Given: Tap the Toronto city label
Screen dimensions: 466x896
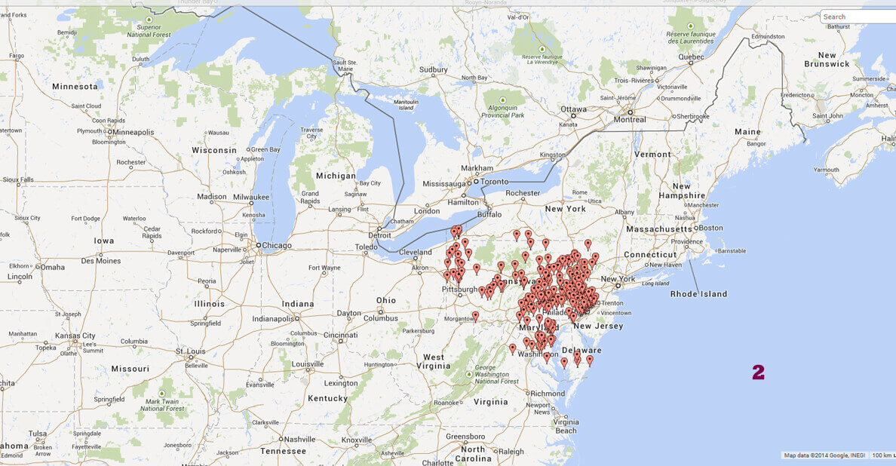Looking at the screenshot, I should click(x=495, y=182).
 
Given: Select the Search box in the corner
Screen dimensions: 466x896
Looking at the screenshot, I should click(x=857, y=17).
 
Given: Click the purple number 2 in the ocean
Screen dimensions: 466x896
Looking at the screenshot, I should click(x=758, y=372).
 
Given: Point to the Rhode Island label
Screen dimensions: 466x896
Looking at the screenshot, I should click(x=698, y=293).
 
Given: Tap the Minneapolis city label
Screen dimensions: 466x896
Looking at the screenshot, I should click(x=136, y=132).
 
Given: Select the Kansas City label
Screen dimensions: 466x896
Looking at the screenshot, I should click(x=78, y=336).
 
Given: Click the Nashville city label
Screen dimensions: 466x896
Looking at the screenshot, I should click(x=299, y=439).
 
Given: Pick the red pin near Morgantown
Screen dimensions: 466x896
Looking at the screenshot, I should click(x=475, y=316).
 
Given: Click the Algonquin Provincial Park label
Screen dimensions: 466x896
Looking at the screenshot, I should click(x=503, y=111).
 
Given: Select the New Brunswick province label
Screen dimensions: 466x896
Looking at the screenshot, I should click(x=827, y=60).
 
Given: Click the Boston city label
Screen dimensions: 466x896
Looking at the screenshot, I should click(x=710, y=228).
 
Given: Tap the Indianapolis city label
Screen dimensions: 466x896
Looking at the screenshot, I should click(x=272, y=318).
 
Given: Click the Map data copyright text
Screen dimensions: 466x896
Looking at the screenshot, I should click(x=824, y=455).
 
